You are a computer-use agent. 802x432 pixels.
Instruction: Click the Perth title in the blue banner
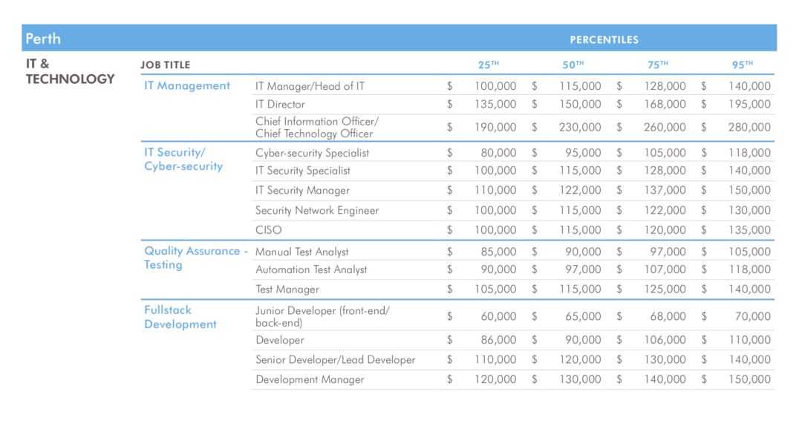coord(43,39)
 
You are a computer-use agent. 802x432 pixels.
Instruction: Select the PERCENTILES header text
coord(604,39)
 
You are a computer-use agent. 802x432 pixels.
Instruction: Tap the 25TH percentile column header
coord(488,65)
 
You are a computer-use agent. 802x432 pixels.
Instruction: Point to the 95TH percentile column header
coord(743,65)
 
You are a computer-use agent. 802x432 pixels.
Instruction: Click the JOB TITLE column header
coord(165,65)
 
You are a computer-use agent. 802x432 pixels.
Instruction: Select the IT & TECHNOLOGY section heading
coord(70,71)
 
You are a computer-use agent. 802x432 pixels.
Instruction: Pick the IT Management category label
coord(187,86)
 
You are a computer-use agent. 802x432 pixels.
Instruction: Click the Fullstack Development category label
coord(180,317)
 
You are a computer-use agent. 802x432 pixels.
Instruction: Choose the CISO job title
coord(269,230)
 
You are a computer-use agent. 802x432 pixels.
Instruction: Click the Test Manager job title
coord(287,289)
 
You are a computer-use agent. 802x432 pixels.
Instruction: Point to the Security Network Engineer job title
coord(317,211)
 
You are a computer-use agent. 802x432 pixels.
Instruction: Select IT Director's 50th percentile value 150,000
coord(580,105)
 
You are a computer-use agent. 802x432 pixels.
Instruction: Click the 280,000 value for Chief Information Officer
coord(749,127)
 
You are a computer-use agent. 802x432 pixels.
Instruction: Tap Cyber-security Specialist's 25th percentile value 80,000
coord(498,153)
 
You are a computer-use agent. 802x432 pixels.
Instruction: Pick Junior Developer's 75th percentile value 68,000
coord(668,316)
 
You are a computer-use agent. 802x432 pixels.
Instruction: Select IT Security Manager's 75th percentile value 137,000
coord(665,191)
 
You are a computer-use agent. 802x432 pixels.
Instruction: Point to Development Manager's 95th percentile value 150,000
coord(749,379)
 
